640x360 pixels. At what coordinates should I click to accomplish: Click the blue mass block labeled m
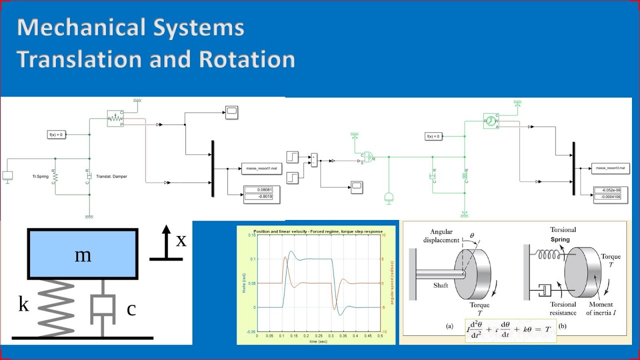tap(83, 254)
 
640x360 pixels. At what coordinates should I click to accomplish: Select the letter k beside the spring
tap(23, 303)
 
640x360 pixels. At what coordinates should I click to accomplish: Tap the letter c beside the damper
tap(131, 309)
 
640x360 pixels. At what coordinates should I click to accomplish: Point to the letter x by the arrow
tap(180, 240)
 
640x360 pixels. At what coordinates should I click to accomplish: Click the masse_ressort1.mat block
tap(261, 169)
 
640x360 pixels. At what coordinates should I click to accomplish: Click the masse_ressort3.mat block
tap(610, 169)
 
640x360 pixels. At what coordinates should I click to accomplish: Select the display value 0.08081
tap(261, 190)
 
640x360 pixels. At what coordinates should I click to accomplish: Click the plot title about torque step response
tap(318, 231)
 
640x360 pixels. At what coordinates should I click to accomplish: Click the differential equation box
tap(510, 330)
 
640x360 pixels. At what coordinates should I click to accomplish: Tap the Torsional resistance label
tap(563, 308)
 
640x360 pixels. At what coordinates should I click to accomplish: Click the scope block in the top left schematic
tap(231, 112)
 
